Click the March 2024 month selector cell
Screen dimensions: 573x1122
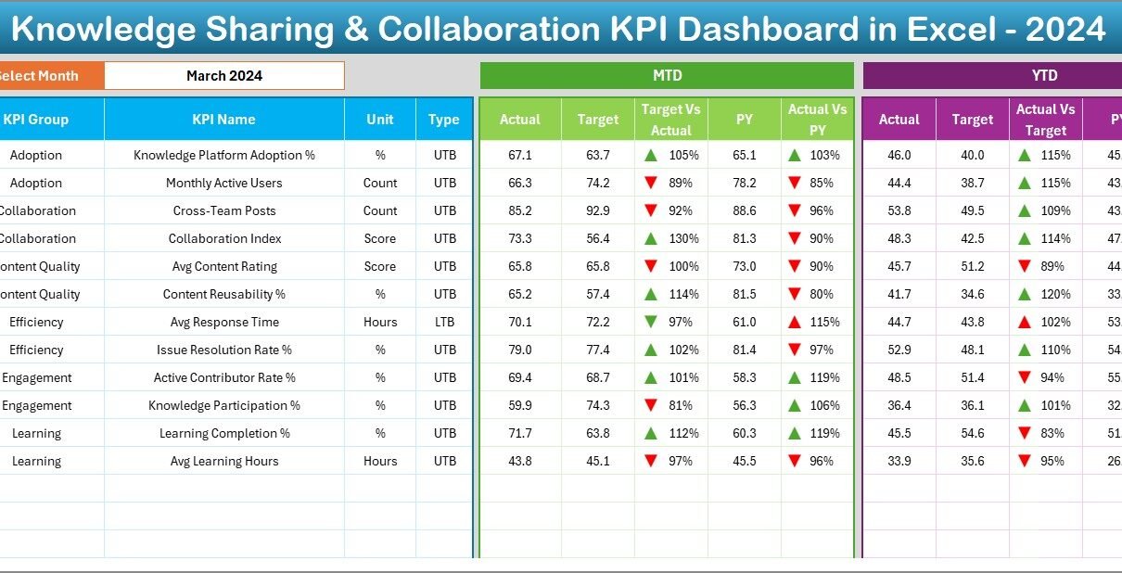tap(223, 76)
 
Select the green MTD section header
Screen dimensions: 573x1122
tap(667, 76)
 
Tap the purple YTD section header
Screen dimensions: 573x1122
tap(1044, 76)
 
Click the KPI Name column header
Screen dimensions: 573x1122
tap(223, 120)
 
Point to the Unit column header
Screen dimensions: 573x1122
tap(380, 120)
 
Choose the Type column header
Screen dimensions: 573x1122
tap(444, 120)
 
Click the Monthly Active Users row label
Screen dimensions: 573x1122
tap(223, 184)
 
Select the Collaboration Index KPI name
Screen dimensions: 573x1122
tap(223, 239)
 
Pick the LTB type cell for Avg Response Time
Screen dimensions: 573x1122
tap(444, 323)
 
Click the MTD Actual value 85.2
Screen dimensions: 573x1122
tap(520, 211)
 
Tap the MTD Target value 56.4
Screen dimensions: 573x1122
tap(598, 239)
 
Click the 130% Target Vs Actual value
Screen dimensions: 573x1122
tap(683, 239)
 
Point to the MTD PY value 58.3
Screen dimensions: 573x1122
tap(744, 378)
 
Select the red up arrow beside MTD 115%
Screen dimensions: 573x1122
tap(795, 323)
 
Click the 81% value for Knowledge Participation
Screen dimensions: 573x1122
tap(683, 406)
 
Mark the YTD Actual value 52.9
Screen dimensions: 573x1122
tap(899, 350)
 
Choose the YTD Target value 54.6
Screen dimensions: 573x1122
tap(973, 434)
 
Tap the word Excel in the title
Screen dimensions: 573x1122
tap(949, 30)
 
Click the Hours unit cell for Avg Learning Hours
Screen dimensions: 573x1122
tap(380, 462)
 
